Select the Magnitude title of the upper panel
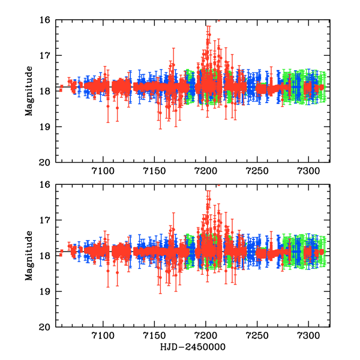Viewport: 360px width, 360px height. coord(28,91)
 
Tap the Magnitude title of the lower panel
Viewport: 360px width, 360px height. coord(28,255)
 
